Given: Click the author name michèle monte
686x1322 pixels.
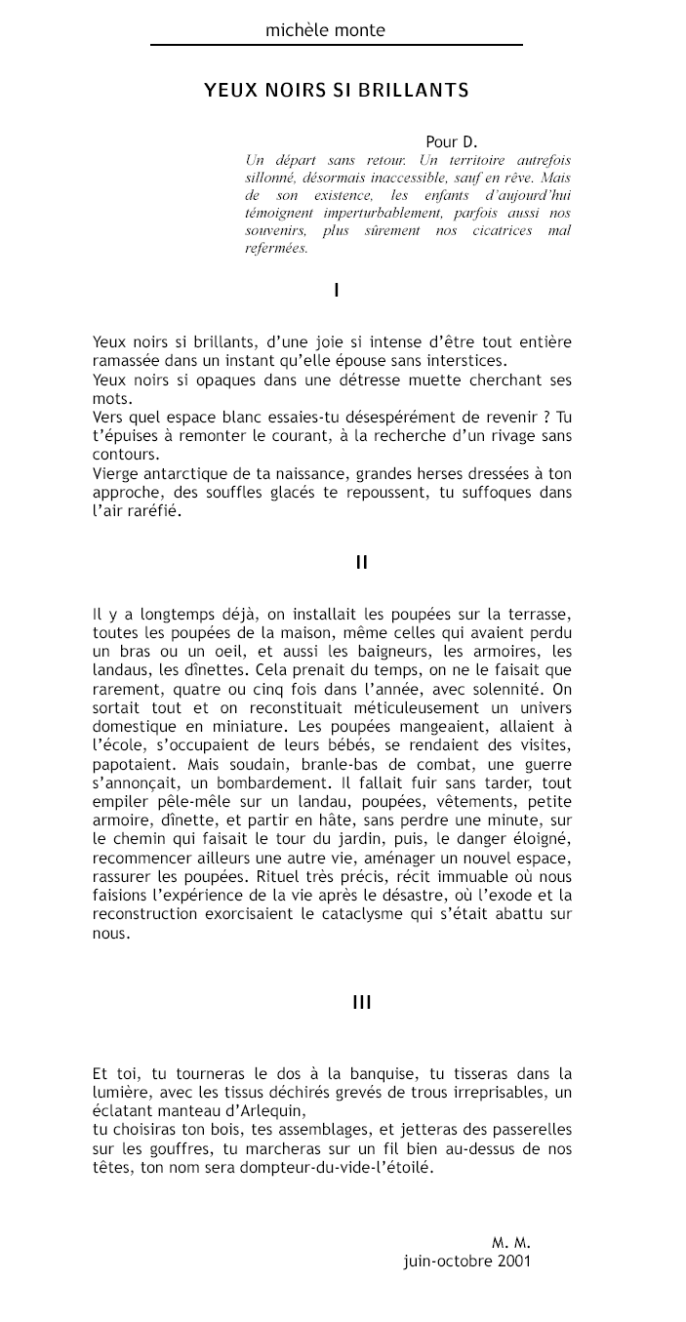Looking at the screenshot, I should point(325,30).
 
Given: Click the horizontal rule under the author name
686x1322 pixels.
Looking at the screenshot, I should point(336,45).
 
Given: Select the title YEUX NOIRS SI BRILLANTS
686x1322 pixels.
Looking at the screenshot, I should point(337,91).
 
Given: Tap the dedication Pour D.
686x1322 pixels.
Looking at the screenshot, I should point(451,142).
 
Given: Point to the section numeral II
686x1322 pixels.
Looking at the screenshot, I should point(361,562).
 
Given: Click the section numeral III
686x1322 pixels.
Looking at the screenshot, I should point(361,1002).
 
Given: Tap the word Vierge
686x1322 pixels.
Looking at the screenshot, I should point(113,473).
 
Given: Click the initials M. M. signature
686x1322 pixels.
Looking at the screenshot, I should point(510,1243).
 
